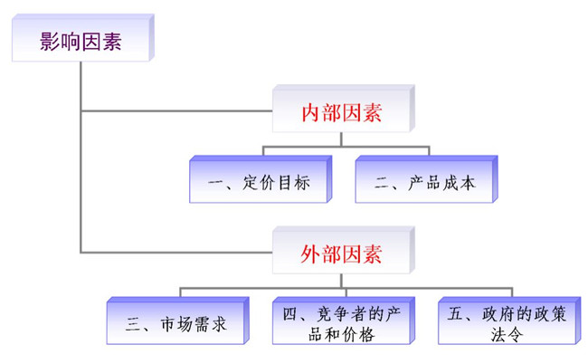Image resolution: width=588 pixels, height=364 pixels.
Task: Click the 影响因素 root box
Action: [x=81, y=40]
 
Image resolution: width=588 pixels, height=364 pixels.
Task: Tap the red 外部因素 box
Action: [x=342, y=253]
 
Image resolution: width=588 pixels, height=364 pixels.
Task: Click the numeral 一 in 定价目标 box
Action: [x=215, y=183]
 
